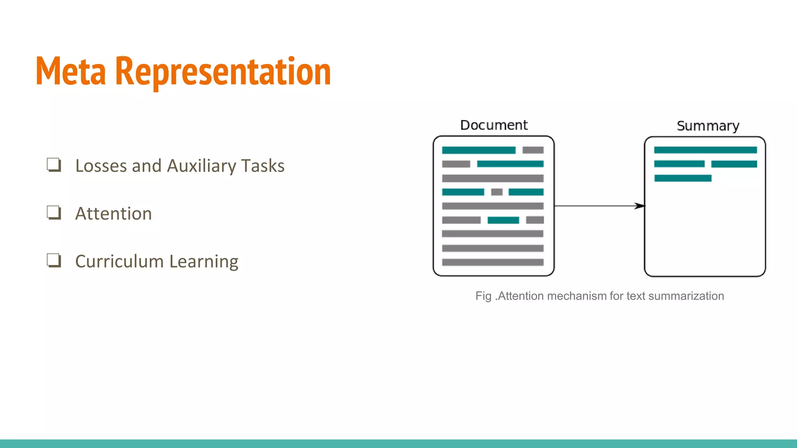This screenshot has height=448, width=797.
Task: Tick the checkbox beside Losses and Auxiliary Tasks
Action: pos(54,164)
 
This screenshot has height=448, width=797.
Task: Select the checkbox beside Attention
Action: pos(54,212)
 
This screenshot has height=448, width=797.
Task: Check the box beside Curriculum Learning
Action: pos(54,260)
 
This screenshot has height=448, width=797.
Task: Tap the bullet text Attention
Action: pos(113,213)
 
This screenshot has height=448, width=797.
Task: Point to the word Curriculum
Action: pos(119,261)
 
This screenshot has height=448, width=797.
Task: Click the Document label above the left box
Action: pos(493,125)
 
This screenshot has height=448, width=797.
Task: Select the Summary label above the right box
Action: pos(707,126)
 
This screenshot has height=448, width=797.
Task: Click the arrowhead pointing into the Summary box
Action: pos(639,206)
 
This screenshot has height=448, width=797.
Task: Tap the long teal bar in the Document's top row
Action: pos(479,150)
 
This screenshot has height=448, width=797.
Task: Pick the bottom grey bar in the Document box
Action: pos(493,262)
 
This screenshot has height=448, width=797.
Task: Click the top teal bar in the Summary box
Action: pos(705,150)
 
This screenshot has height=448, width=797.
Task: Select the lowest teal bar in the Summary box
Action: pos(683,178)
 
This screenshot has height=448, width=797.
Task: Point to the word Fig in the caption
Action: pos(483,296)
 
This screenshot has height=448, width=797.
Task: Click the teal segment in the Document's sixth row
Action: pos(503,220)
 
